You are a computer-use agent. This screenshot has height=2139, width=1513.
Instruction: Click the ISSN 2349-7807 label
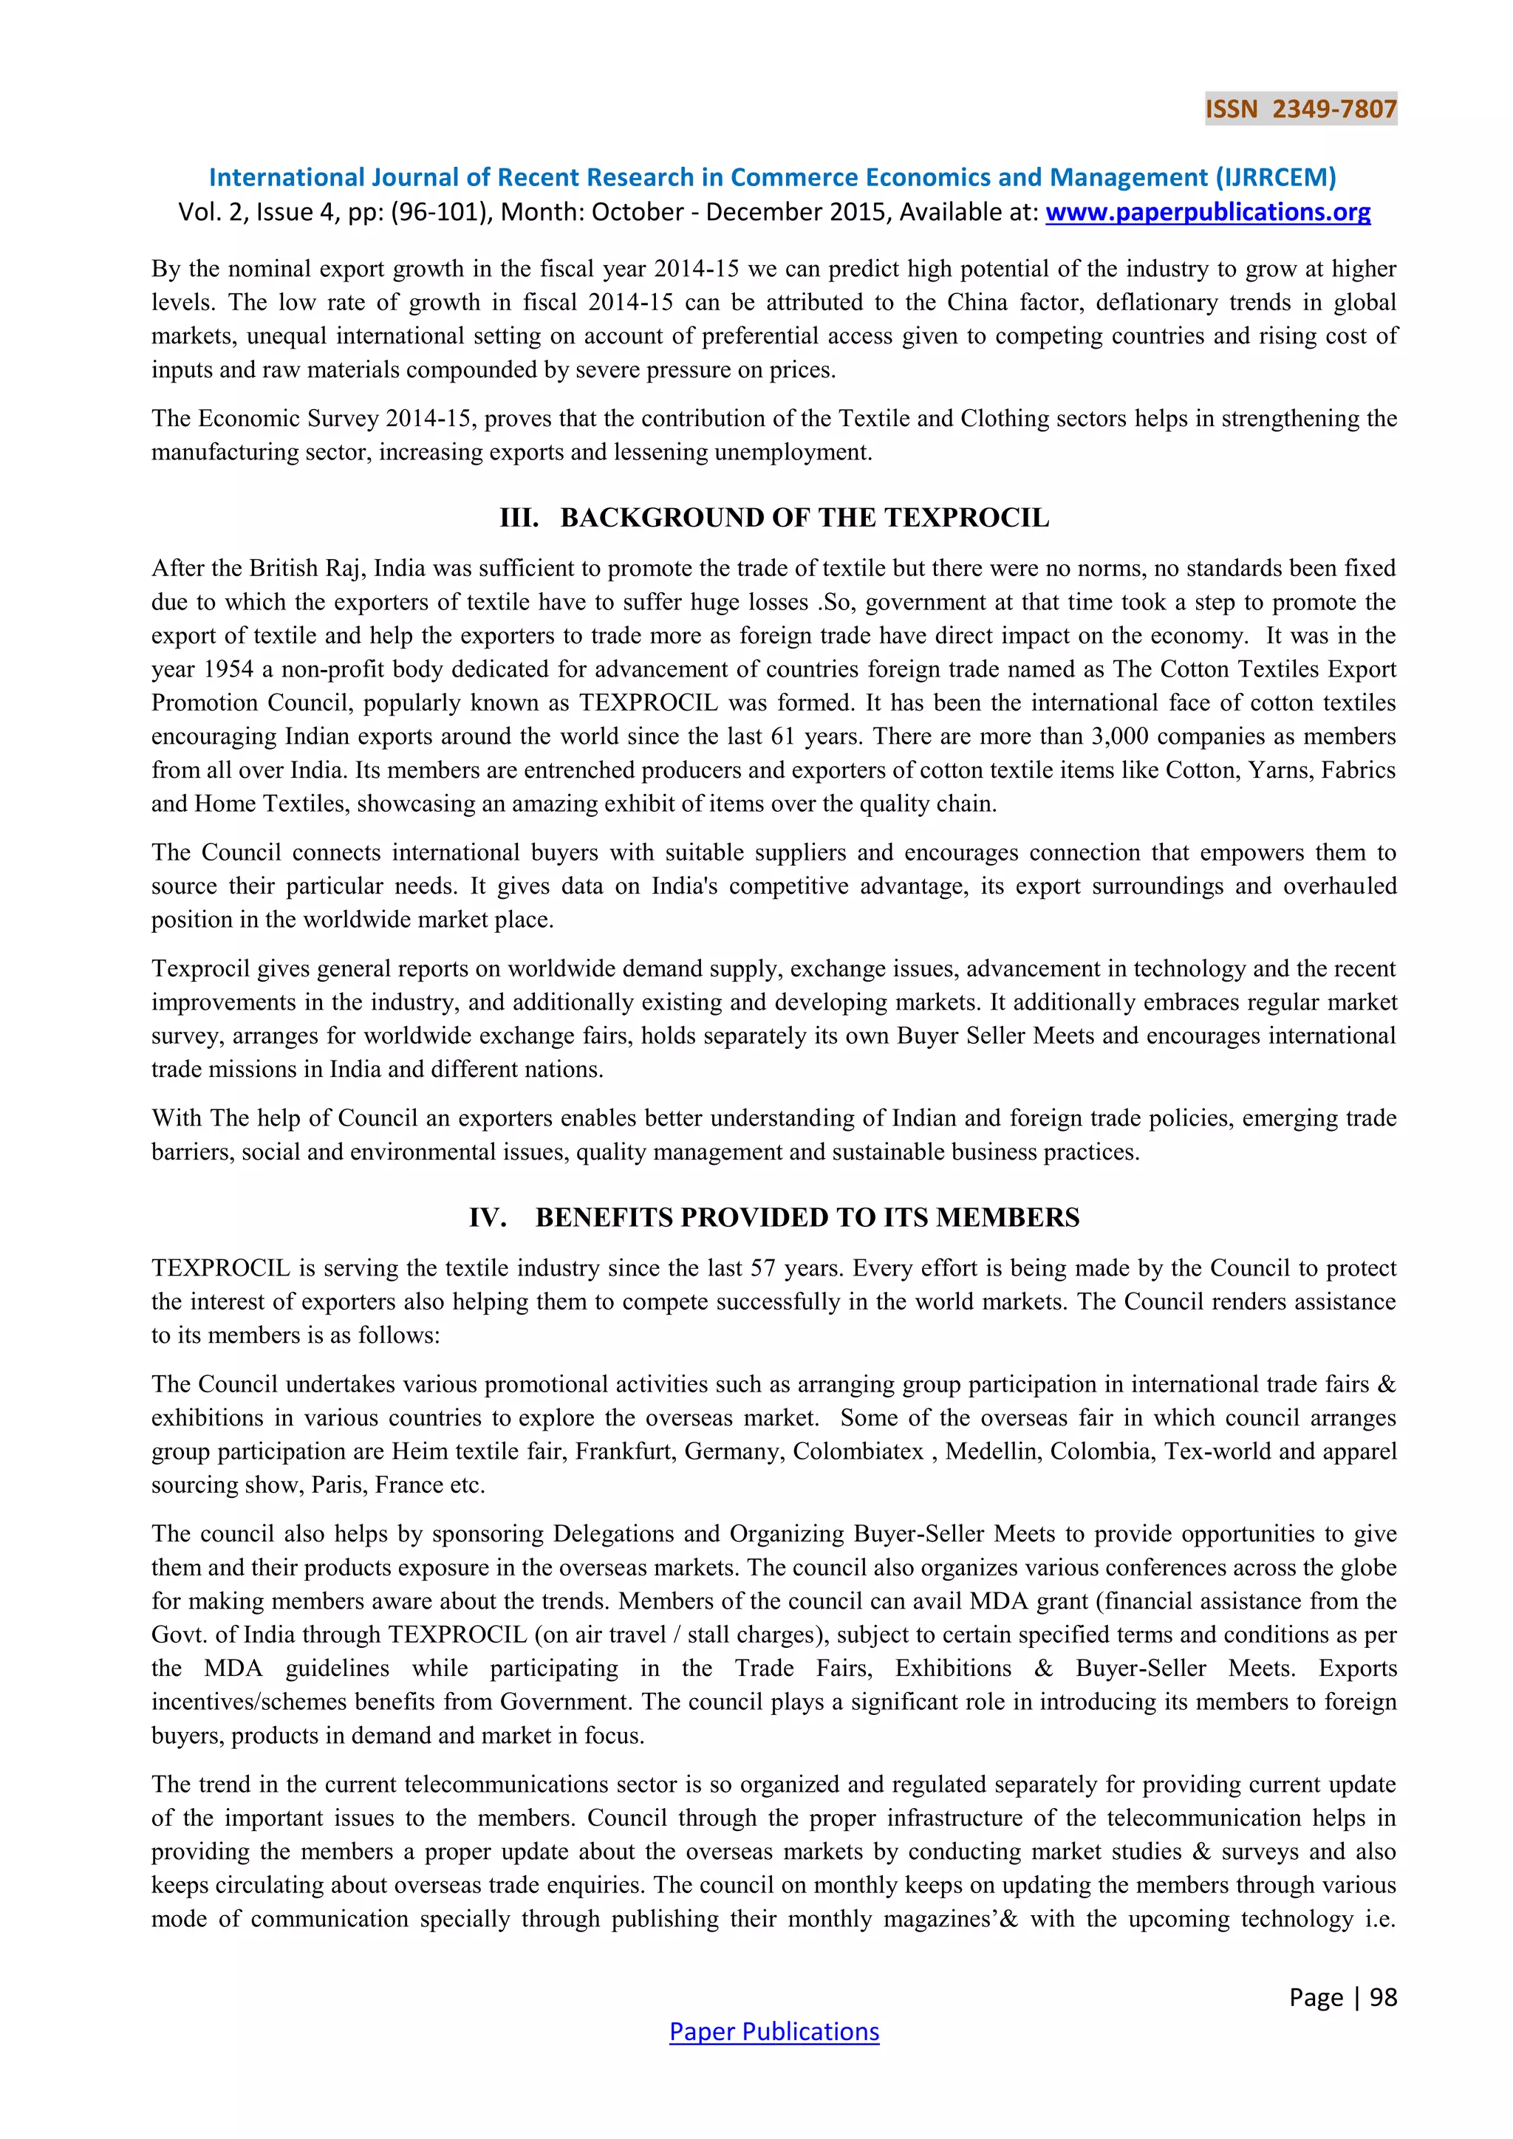1300,109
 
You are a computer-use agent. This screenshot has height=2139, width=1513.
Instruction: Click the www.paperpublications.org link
1207,213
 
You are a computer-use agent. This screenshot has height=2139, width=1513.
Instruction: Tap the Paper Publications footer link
773,2031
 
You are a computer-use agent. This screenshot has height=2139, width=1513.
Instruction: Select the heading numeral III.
519,518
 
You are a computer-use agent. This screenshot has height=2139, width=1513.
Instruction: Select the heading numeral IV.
488,1218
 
